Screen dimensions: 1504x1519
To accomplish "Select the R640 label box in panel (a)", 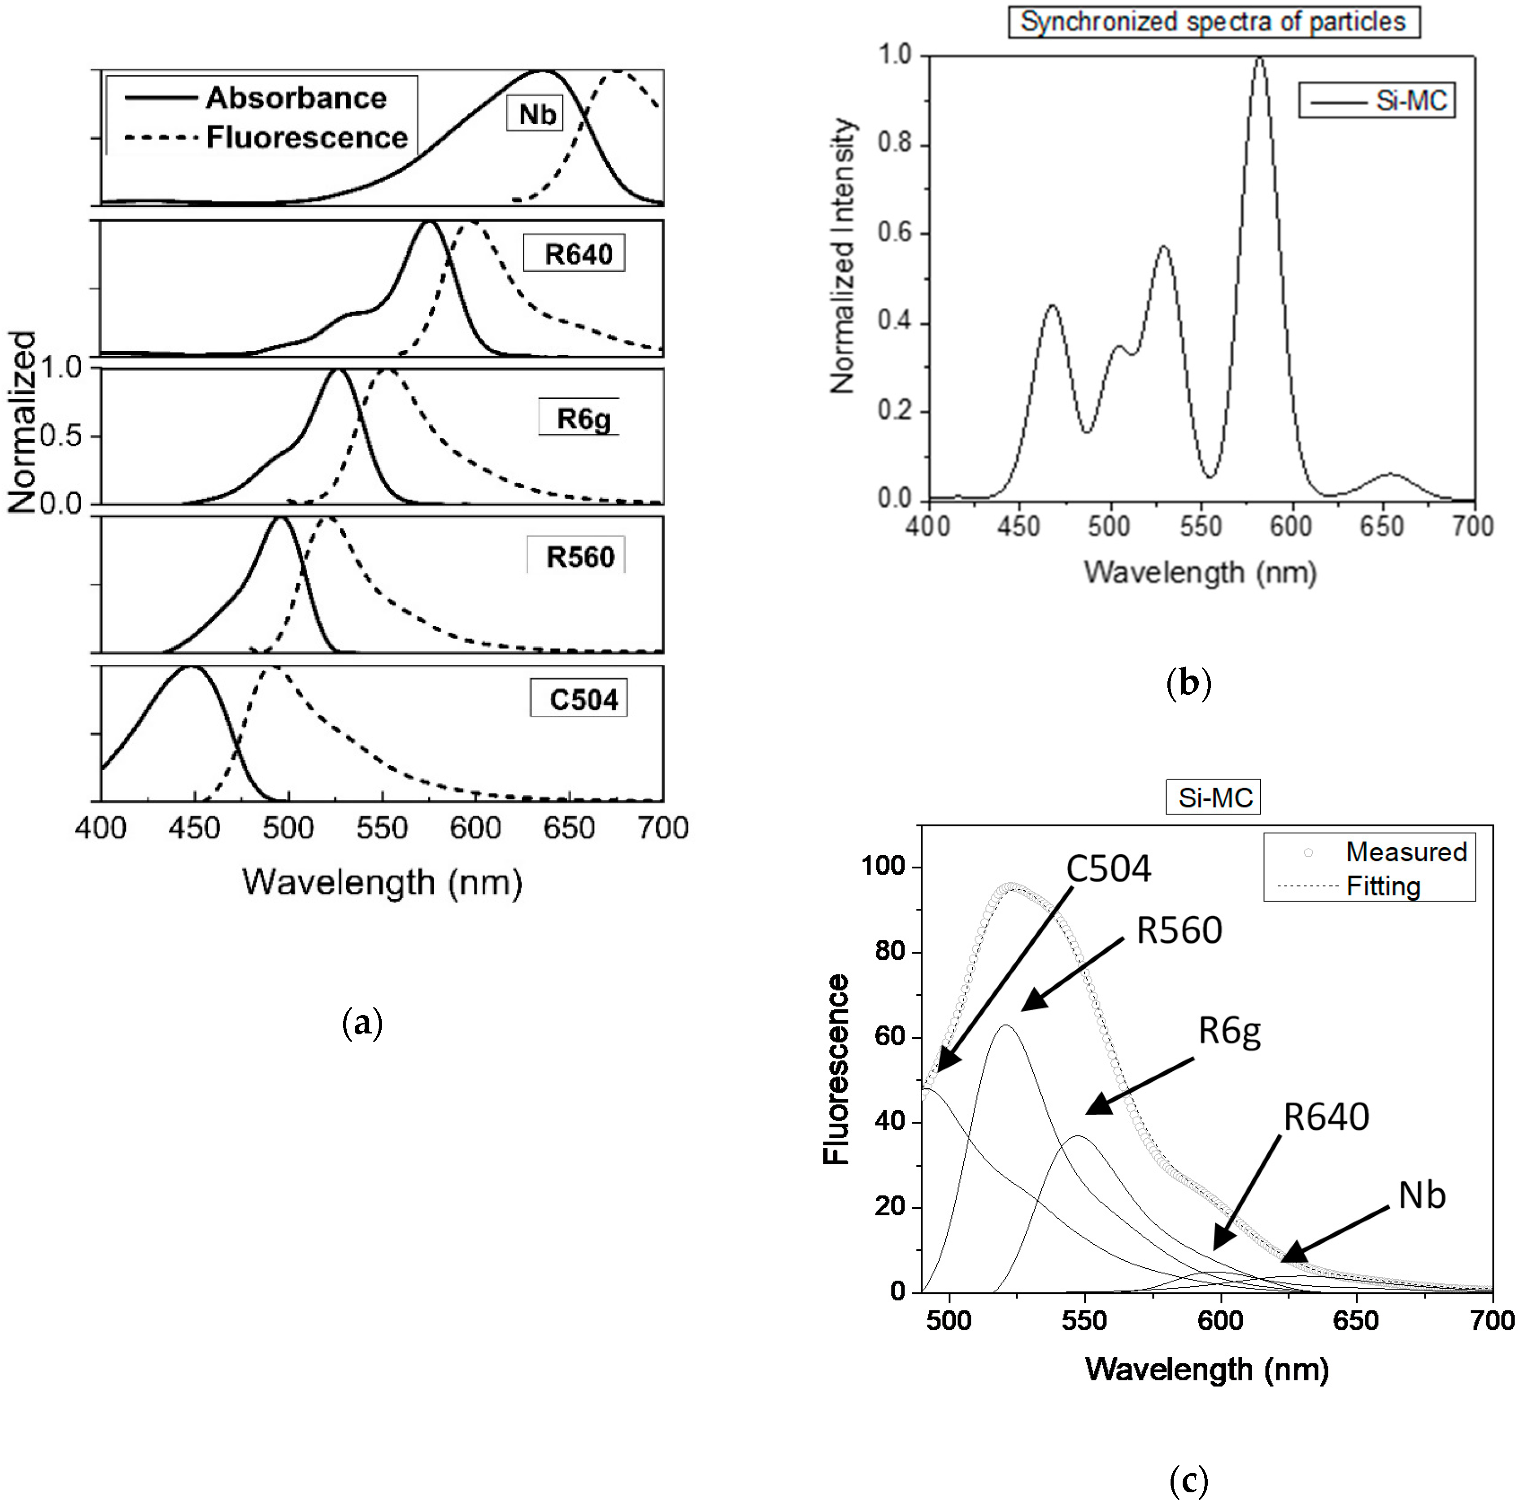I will tap(575, 254).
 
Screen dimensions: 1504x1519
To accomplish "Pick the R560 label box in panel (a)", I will tap(578, 557).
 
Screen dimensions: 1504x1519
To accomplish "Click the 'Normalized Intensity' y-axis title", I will tap(843, 256).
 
